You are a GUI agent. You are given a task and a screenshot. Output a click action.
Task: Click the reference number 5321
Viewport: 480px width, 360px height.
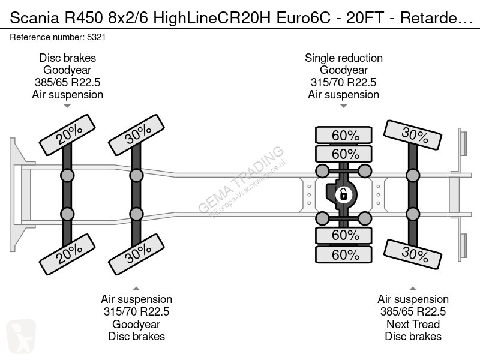pyautogui.click(x=96, y=37)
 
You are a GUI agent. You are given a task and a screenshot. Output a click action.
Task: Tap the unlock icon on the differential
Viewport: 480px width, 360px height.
pyautogui.click(x=343, y=194)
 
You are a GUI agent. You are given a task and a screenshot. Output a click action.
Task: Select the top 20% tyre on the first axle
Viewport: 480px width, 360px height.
pyautogui.click(x=67, y=135)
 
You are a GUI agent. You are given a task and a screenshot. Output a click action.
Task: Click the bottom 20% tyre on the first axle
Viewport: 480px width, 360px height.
pyautogui.click(x=67, y=254)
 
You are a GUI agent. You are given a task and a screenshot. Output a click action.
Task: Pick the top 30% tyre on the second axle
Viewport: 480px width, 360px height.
pyautogui.click(x=137, y=135)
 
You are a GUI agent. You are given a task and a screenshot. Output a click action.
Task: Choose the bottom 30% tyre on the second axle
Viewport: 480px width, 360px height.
pyautogui.click(x=137, y=254)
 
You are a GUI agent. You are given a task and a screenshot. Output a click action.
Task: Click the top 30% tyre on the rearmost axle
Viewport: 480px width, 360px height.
pyautogui.click(x=413, y=135)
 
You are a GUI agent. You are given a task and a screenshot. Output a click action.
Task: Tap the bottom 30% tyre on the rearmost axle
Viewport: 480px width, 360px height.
pyautogui.click(x=413, y=254)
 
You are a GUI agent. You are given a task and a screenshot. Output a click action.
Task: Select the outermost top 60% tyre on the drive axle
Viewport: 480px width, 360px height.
pyautogui.click(x=344, y=135)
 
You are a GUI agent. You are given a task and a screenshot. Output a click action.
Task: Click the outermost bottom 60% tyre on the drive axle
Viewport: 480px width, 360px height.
pyautogui.click(x=344, y=254)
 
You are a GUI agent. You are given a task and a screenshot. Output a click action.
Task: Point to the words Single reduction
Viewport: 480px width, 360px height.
pyautogui.click(x=343, y=58)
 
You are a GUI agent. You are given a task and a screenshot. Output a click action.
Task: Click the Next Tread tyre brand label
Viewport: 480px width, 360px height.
pyautogui.click(x=413, y=324)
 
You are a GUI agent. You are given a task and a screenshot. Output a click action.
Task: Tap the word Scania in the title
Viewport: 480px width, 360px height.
pyautogui.click(x=34, y=18)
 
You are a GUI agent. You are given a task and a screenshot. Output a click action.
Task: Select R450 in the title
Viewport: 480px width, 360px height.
pyautogui.click(x=83, y=18)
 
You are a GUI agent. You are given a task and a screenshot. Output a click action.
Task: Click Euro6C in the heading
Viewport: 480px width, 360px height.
pyautogui.click(x=304, y=18)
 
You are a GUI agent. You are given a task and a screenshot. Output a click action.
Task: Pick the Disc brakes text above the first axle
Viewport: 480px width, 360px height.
pyautogui.click(x=67, y=58)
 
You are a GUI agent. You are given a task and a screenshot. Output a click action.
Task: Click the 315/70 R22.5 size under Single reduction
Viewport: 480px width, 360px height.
pyautogui.click(x=343, y=82)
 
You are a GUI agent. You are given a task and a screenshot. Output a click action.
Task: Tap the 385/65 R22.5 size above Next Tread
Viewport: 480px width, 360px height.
pyautogui.click(x=413, y=311)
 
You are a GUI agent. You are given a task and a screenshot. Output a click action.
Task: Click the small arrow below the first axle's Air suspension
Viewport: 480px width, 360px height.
pyautogui.click(x=67, y=106)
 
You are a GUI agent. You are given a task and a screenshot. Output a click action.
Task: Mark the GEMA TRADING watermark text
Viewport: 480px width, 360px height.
pyautogui.click(x=241, y=179)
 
